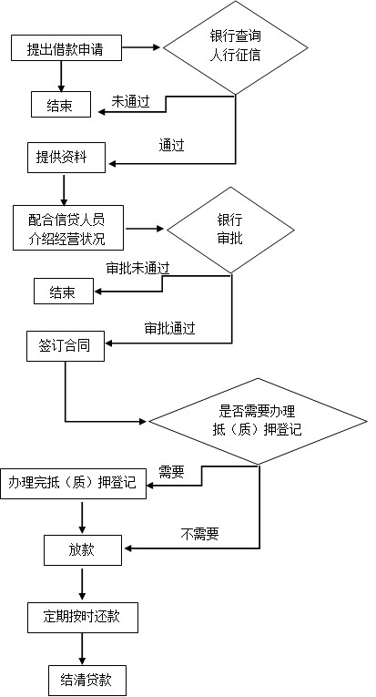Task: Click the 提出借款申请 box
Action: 66,48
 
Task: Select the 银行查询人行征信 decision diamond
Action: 235,47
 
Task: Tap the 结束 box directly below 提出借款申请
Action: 61,105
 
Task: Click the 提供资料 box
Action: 66,158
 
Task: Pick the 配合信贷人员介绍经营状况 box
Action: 68,228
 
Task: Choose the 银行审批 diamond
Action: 230,230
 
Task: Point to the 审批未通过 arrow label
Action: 137,268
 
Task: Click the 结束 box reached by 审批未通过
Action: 64,292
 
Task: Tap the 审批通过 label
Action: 169,329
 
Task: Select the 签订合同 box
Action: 66,346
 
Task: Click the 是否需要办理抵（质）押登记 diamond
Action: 258,421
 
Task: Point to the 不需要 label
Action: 199,533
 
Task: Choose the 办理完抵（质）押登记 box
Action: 73,483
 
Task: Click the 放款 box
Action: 83,550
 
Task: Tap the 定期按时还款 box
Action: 83,618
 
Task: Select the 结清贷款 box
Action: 87,680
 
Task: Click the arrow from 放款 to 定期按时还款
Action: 82,584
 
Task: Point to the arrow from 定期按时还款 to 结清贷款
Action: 82,649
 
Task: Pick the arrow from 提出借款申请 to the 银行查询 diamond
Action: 141,47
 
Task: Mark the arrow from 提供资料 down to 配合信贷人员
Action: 64,190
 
